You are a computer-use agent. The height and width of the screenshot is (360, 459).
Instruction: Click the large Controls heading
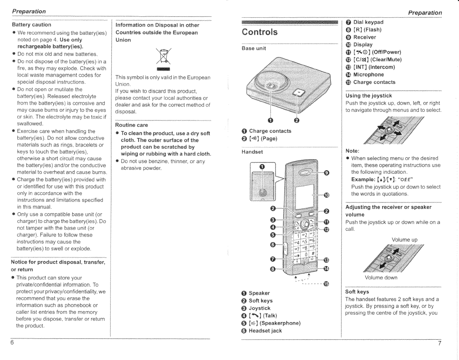(x=260, y=32)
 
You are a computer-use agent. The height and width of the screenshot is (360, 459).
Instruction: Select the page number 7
(x=440, y=343)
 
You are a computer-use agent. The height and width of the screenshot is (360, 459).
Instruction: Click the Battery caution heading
(x=32, y=25)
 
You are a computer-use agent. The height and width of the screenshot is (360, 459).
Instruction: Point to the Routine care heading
(x=132, y=125)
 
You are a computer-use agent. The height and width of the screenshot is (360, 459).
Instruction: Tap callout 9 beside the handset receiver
(x=326, y=173)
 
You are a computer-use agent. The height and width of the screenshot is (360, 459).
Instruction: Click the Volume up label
(x=404, y=240)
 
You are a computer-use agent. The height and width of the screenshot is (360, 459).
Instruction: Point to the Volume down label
(x=381, y=278)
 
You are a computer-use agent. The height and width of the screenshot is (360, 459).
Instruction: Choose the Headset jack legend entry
(x=265, y=331)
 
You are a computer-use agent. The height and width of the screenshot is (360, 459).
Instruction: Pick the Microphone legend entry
(x=368, y=75)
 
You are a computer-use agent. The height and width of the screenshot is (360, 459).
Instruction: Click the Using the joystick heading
(x=368, y=96)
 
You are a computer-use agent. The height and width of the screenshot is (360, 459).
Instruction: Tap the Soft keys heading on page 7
(x=357, y=292)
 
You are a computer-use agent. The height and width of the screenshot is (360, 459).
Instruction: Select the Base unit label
(x=254, y=48)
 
